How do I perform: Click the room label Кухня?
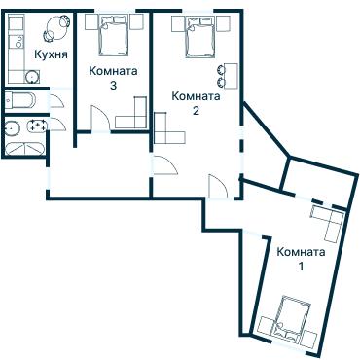click(52, 54)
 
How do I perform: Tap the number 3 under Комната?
click(113, 86)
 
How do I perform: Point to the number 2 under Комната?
click(196, 111)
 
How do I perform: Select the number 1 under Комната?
click(301, 267)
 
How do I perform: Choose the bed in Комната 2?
click(200, 37)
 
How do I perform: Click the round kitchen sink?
click(32, 77)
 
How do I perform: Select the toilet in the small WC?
click(20, 100)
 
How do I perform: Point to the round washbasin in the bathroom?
click(13, 127)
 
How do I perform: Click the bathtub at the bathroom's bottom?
click(24, 149)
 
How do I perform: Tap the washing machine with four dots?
click(37, 126)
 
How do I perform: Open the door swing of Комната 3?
click(100, 119)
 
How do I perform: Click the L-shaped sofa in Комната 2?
click(168, 128)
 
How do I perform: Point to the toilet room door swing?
click(57, 100)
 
